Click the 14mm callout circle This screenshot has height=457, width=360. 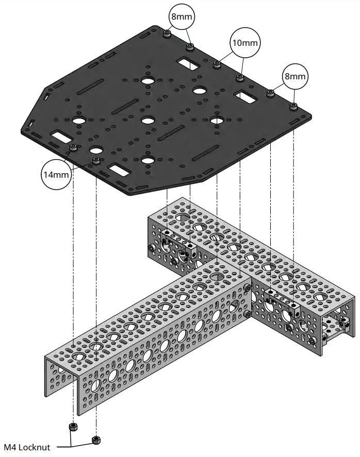[x=56, y=175]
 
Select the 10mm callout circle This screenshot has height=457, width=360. [x=244, y=43]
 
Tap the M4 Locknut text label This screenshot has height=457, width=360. [x=26, y=447]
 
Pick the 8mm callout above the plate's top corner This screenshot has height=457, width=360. [x=181, y=17]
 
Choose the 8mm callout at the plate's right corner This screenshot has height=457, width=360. [x=294, y=77]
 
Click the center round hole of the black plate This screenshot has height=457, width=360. [x=148, y=121]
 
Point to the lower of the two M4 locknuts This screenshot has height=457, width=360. [x=95, y=439]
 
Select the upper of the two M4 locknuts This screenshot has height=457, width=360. [x=73, y=427]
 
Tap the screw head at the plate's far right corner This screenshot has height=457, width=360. [x=293, y=106]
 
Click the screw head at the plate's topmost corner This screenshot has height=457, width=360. [x=167, y=34]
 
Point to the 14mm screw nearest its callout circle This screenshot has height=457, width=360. [x=73, y=149]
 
